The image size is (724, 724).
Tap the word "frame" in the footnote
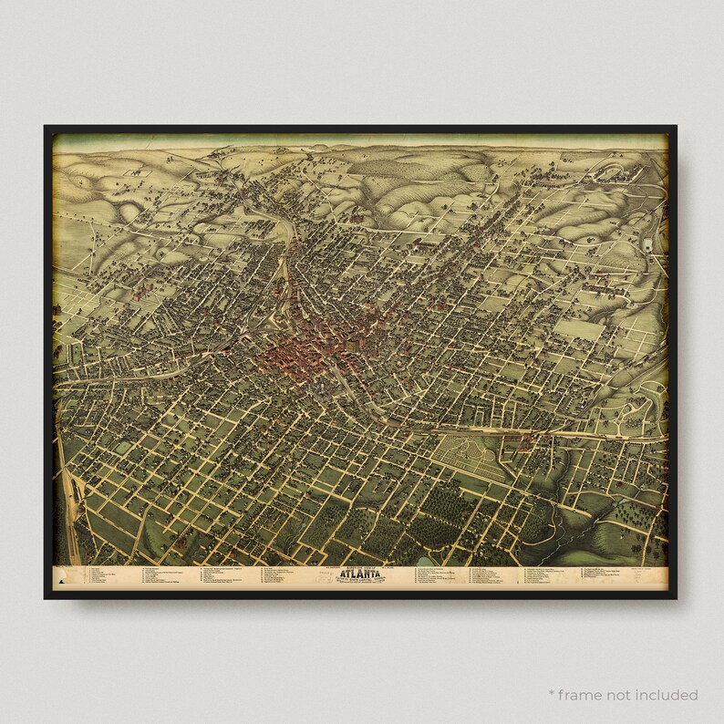(x=605, y=695)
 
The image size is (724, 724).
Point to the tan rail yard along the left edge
(x=71, y=520)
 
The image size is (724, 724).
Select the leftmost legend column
(x=101, y=578)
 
